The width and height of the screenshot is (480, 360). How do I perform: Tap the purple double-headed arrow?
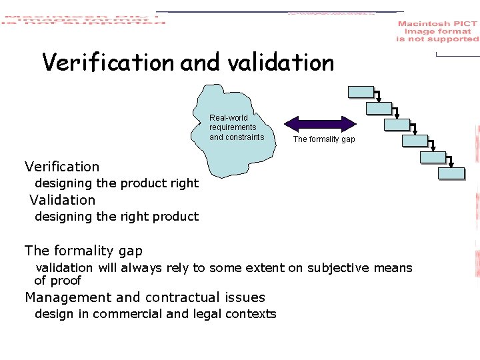pyautogui.click(x=321, y=123)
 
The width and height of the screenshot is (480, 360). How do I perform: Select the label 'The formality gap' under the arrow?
pyautogui.click(x=324, y=139)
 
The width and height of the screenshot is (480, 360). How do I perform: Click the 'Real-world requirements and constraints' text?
pyautogui.click(x=237, y=127)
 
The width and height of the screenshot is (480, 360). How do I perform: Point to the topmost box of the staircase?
pyautogui.click(x=361, y=93)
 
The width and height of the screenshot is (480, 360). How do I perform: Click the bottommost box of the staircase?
pyautogui.click(x=451, y=173)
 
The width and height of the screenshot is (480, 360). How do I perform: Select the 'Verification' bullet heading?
pyautogui.click(x=62, y=167)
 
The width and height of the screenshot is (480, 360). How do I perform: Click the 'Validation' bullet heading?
pyautogui.click(x=63, y=200)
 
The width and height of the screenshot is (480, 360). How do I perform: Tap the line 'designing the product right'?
pyautogui.click(x=117, y=183)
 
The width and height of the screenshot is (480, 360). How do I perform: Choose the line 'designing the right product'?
pyautogui.click(x=117, y=217)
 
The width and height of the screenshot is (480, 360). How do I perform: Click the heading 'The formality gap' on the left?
pyautogui.click(x=83, y=251)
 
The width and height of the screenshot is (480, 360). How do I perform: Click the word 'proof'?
pyautogui.click(x=66, y=281)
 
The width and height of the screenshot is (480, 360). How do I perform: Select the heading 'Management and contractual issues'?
pyautogui.click(x=145, y=297)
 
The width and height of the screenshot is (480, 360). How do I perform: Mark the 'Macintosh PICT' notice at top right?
pyautogui.click(x=437, y=31)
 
